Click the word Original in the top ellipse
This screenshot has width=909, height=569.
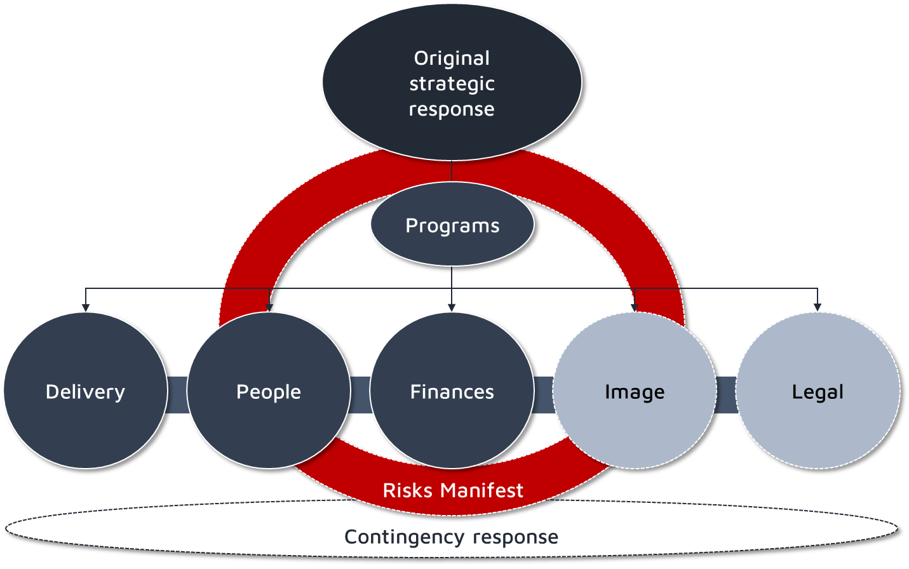click(452, 58)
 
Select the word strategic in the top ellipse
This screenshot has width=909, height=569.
click(452, 84)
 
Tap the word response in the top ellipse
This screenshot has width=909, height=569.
click(452, 109)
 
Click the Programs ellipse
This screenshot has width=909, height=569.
click(452, 225)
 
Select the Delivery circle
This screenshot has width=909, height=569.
click(85, 391)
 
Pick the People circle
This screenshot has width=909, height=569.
click(268, 391)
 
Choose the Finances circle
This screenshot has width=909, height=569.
click(452, 391)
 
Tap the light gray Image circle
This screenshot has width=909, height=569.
click(635, 391)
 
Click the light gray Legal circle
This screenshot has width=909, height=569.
click(818, 391)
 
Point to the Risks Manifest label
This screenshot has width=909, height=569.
click(453, 490)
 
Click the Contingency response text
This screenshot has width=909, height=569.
click(452, 537)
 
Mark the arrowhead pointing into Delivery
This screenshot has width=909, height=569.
click(86, 307)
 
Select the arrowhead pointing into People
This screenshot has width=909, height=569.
click(269, 307)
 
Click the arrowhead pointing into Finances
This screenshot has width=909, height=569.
click(452, 307)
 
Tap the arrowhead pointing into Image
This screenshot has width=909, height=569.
click(634, 307)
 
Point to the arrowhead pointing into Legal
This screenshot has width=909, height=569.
click(818, 307)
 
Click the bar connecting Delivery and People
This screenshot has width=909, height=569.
click(177, 395)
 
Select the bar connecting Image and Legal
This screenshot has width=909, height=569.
click(726, 395)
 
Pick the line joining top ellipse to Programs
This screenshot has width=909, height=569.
click(452, 171)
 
